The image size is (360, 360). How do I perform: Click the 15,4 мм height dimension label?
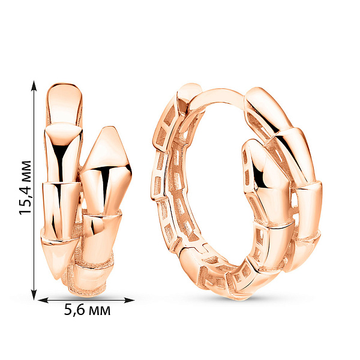pos(25,188)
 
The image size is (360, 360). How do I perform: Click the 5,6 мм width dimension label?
pos(87,310)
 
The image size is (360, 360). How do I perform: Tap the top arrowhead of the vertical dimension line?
pos(34,85)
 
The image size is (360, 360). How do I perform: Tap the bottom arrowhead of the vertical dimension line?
pos(34,295)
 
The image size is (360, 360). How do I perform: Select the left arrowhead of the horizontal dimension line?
pos(43,300)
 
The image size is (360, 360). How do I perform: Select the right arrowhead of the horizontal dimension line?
pos(129,300)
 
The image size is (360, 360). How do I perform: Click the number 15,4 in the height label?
pos(25,199)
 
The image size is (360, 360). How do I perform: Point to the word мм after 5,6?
pos(100,312)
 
